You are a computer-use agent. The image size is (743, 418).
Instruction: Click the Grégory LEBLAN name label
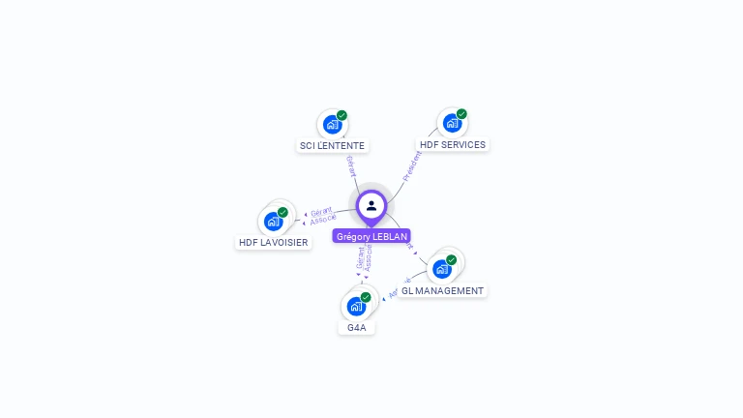pyautogui.click(x=371, y=236)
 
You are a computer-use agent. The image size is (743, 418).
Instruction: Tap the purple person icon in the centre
pyautogui.click(x=371, y=205)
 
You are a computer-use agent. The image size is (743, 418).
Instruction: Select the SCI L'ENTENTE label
pyautogui.click(x=332, y=146)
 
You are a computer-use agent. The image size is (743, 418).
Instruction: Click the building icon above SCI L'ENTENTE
pyautogui.click(x=332, y=125)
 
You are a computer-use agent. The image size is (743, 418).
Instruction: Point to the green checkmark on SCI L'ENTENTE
pyautogui.click(x=342, y=115)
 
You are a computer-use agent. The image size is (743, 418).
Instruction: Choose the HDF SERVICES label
pyautogui.click(x=453, y=145)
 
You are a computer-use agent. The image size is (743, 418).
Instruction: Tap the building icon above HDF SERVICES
pyautogui.click(x=452, y=124)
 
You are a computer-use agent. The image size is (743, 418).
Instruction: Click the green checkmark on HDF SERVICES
pyautogui.click(x=461, y=114)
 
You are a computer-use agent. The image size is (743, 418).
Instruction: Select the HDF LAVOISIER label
pyautogui.click(x=274, y=243)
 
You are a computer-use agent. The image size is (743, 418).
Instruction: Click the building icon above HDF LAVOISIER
pyautogui.click(x=273, y=222)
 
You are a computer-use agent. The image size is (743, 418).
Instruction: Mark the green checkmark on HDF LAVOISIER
pyautogui.click(x=282, y=212)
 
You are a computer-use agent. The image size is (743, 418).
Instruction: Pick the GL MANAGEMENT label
pyautogui.click(x=442, y=290)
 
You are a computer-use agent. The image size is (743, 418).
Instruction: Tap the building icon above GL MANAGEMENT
pyautogui.click(x=442, y=269)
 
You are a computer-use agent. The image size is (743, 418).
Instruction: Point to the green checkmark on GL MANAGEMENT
pyautogui.click(x=451, y=259)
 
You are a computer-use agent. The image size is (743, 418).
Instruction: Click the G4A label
pyautogui.click(x=357, y=328)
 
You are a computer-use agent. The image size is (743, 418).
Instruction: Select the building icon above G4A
pyautogui.click(x=356, y=307)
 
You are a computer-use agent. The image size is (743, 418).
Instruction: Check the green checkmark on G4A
pyautogui.click(x=366, y=297)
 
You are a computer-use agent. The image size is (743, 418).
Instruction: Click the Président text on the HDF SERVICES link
pyautogui.click(x=411, y=165)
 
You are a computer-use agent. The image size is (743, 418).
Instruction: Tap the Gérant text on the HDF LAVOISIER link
pyautogui.click(x=321, y=211)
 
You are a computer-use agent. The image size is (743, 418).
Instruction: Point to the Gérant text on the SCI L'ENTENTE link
pyautogui.click(x=350, y=165)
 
